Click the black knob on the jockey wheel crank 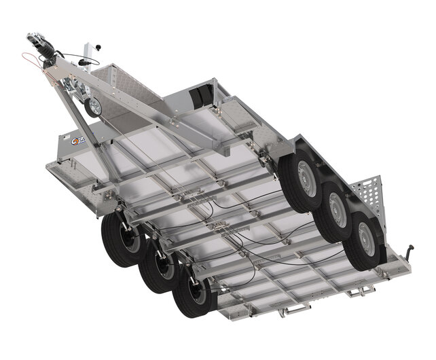click(98, 48)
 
